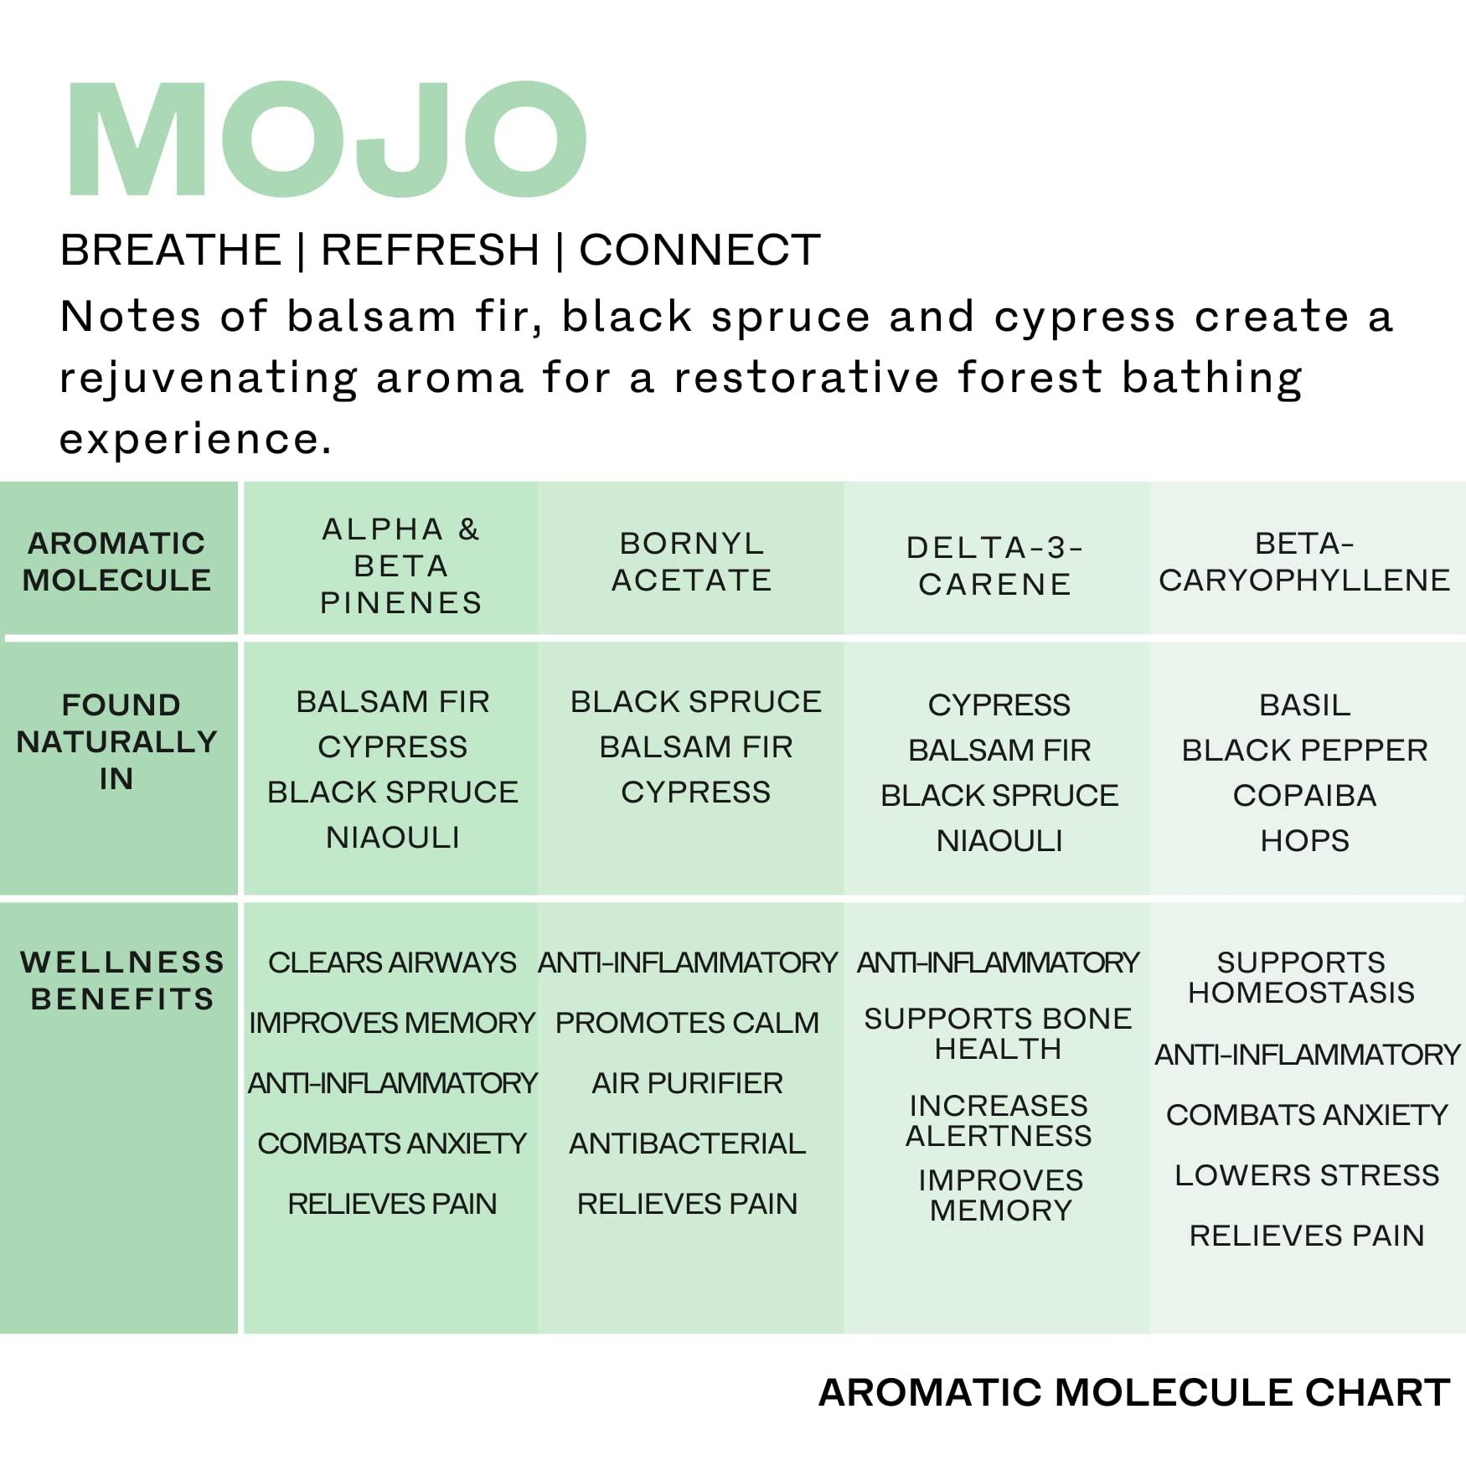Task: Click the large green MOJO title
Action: coord(327,139)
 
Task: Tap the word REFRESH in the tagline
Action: coord(431,250)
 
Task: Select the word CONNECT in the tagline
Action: coord(699,250)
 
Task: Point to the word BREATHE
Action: coord(171,250)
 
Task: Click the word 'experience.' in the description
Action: coord(195,439)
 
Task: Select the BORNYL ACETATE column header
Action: coord(692,561)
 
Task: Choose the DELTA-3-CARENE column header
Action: coord(995,565)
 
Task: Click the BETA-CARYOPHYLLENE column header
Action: coord(1304,561)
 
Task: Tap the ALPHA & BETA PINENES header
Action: coord(401,565)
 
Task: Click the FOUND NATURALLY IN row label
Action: coord(117,741)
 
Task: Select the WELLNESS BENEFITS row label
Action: coord(122,980)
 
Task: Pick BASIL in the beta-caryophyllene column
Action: coord(1305,705)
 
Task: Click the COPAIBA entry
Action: coord(1305,795)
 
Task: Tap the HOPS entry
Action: coord(1305,840)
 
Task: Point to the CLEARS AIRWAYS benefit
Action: coord(392,963)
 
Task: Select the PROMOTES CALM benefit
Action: coord(687,1023)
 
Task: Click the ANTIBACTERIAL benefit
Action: coord(687,1143)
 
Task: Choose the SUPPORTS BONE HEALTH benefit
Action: coord(998,1034)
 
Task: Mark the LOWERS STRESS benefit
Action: coord(1307,1175)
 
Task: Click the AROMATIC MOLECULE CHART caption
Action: coord(1134,1392)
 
